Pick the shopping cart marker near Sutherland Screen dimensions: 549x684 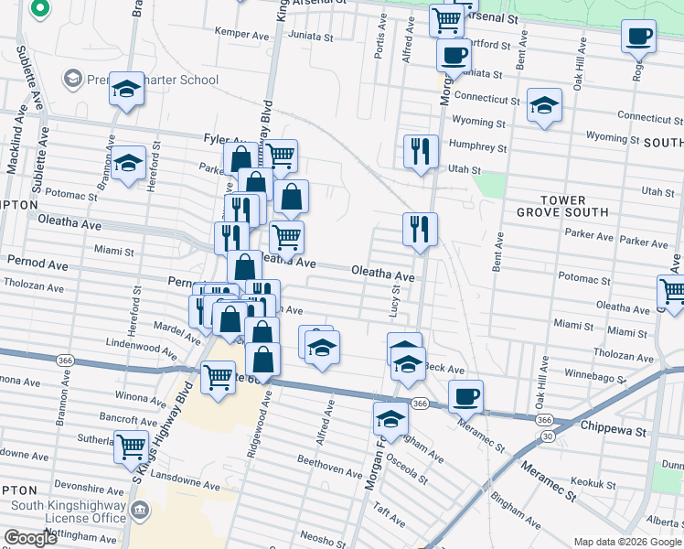click(x=132, y=446)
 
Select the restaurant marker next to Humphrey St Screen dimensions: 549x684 click(x=421, y=149)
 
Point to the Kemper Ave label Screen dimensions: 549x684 click(x=239, y=32)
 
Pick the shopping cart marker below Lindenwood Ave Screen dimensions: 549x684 click(x=218, y=375)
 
